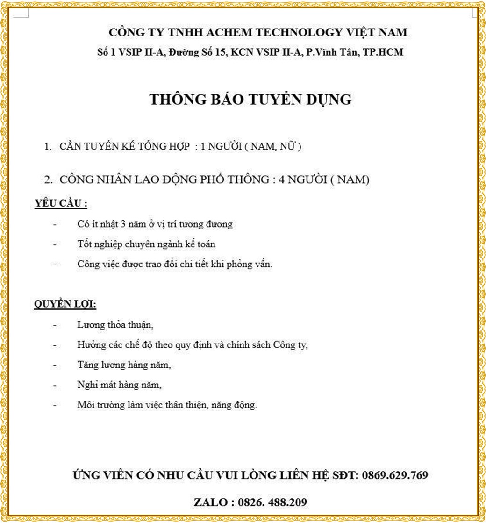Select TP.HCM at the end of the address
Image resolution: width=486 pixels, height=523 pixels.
(x=383, y=52)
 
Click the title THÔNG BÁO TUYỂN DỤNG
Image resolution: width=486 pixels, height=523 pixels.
(x=250, y=100)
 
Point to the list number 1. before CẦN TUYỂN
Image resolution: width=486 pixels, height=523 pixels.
(x=48, y=147)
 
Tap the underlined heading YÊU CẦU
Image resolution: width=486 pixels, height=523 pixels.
(x=61, y=204)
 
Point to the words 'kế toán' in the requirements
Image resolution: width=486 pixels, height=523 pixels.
(x=200, y=244)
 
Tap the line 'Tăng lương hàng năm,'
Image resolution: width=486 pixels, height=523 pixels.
(x=124, y=365)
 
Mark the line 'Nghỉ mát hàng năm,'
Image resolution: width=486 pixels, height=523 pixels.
(x=119, y=385)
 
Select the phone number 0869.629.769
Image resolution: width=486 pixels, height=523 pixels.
(x=395, y=476)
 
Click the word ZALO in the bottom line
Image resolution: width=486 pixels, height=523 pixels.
(x=210, y=503)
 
